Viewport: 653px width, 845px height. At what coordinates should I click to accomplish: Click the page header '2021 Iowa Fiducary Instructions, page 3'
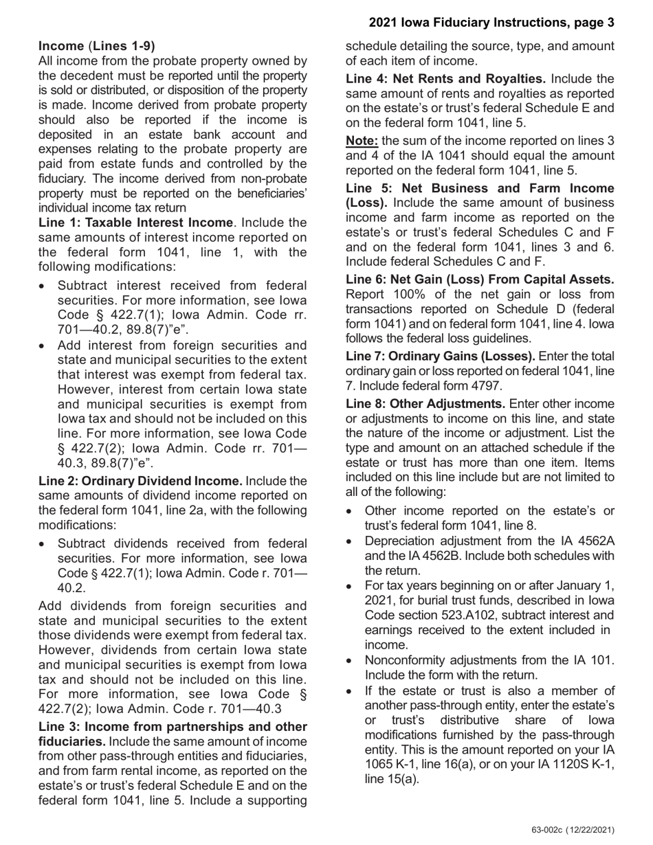491,23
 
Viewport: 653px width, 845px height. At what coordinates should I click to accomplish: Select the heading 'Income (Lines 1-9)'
97,46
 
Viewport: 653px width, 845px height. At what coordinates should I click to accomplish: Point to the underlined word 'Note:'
361,142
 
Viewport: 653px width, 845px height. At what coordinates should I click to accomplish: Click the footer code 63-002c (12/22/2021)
573,830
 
